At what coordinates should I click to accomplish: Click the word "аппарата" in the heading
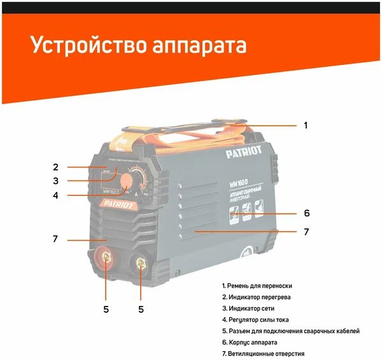(199, 46)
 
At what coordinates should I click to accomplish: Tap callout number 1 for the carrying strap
(305, 125)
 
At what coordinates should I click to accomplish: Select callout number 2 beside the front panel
(55, 167)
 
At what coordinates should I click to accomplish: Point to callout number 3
(55, 181)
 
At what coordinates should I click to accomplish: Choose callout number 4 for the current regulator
(55, 196)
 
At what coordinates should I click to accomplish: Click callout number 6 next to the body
(306, 213)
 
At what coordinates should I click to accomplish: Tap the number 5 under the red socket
(106, 310)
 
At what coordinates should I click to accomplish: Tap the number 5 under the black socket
(141, 310)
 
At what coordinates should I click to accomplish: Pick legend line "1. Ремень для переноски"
(257, 286)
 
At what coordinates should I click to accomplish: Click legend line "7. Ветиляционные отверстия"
(263, 353)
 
